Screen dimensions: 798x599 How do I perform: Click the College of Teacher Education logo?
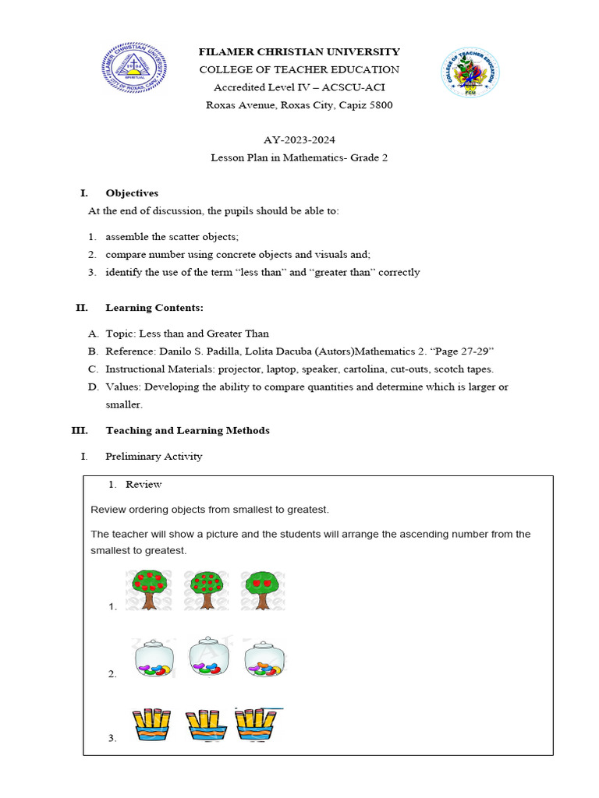click(x=470, y=72)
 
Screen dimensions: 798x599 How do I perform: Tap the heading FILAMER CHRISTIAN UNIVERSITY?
click(x=299, y=51)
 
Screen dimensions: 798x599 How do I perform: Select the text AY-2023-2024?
click(x=299, y=139)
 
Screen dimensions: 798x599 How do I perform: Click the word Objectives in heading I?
click(x=132, y=192)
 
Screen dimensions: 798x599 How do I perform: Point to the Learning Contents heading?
click(x=154, y=308)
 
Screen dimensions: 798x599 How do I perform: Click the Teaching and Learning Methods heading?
click(x=187, y=430)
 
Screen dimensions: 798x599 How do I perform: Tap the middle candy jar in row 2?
click(x=208, y=658)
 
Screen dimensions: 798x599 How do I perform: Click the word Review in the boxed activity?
click(x=144, y=484)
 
